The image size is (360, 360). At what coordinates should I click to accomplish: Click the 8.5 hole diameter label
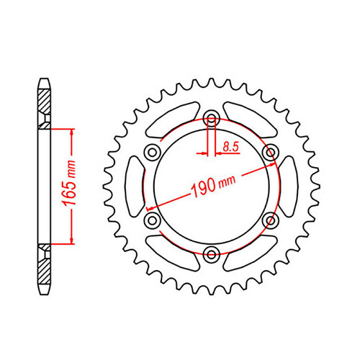click(231, 146)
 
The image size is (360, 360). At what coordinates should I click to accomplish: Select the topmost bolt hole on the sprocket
click(211, 120)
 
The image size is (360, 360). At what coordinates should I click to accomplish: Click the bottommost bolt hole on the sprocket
click(211, 252)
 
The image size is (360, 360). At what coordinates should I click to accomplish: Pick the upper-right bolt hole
click(270, 152)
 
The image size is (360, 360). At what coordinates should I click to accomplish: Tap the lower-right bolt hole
click(270, 220)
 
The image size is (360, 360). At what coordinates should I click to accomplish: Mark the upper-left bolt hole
click(152, 152)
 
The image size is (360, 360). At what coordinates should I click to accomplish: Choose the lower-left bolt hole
click(152, 220)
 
